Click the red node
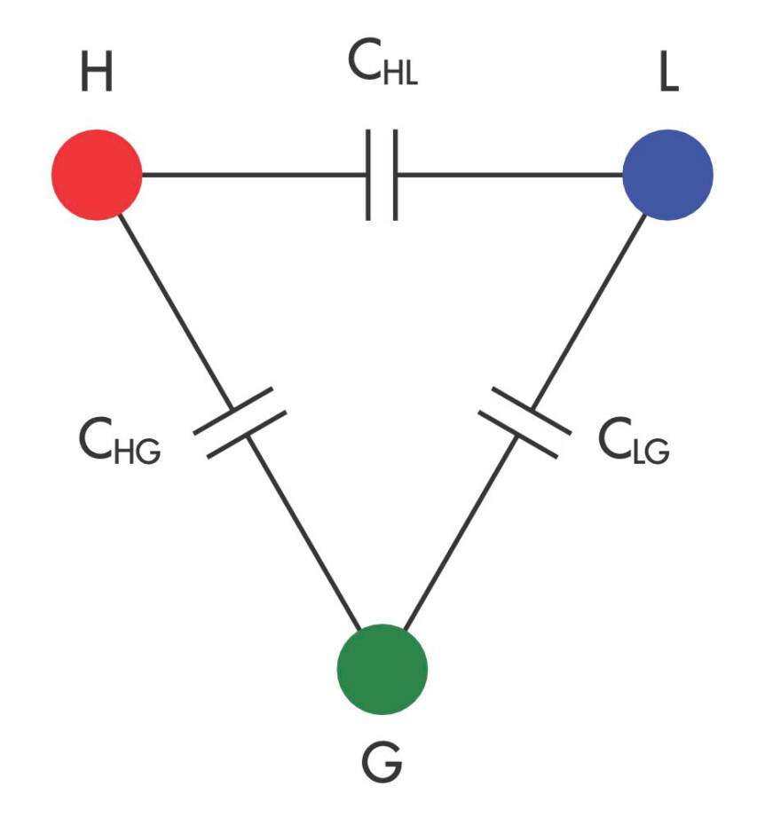(97, 175)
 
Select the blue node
(667, 175)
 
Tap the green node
(382, 669)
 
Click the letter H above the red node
(97, 72)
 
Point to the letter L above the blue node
(668, 72)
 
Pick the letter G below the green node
(382, 761)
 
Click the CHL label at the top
(382, 61)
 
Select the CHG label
(120, 440)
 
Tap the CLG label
(634, 440)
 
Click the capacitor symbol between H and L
(382, 175)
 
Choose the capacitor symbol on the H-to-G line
(241, 423)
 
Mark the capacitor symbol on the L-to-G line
(524, 423)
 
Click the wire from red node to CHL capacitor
(255, 175)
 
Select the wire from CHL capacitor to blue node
(509, 175)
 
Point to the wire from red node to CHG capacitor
(176, 311)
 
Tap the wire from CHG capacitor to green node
(304, 532)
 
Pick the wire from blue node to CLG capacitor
(588, 311)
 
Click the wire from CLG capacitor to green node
(461, 532)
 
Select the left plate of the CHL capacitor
(368, 175)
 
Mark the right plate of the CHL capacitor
(396, 175)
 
